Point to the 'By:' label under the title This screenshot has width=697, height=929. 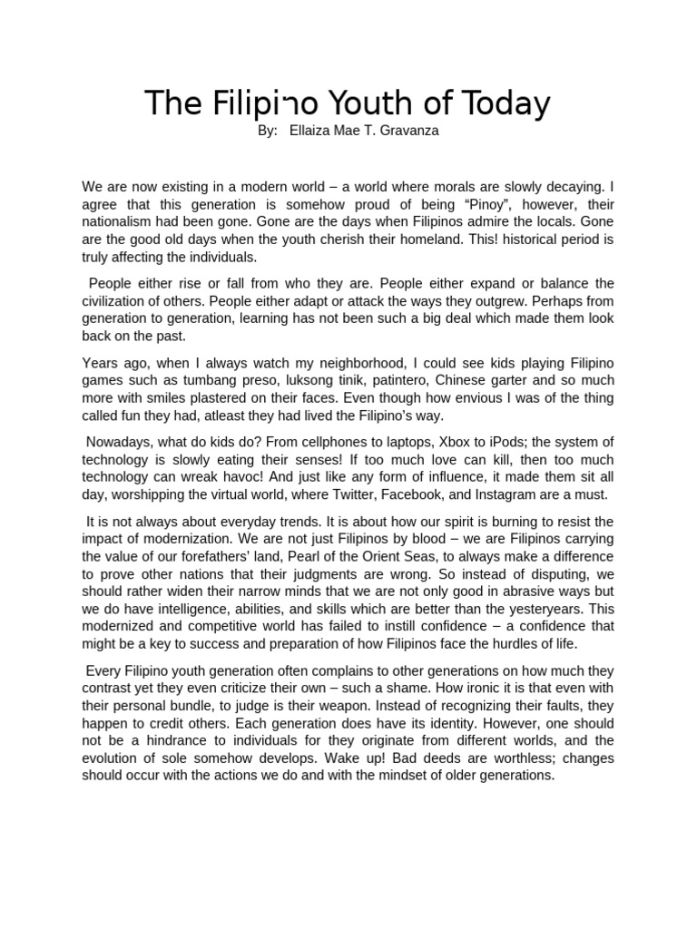tap(268, 131)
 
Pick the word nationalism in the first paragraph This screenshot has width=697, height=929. tap(117, 223)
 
